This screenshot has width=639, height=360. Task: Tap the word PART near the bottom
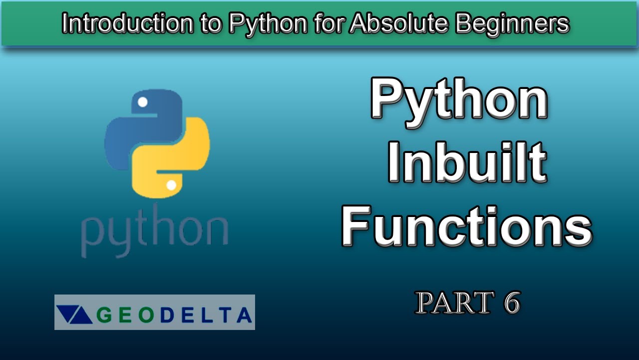click(450, 302)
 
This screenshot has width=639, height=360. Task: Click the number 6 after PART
click(511, 302)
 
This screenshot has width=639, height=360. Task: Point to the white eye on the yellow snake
click(171, 185)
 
